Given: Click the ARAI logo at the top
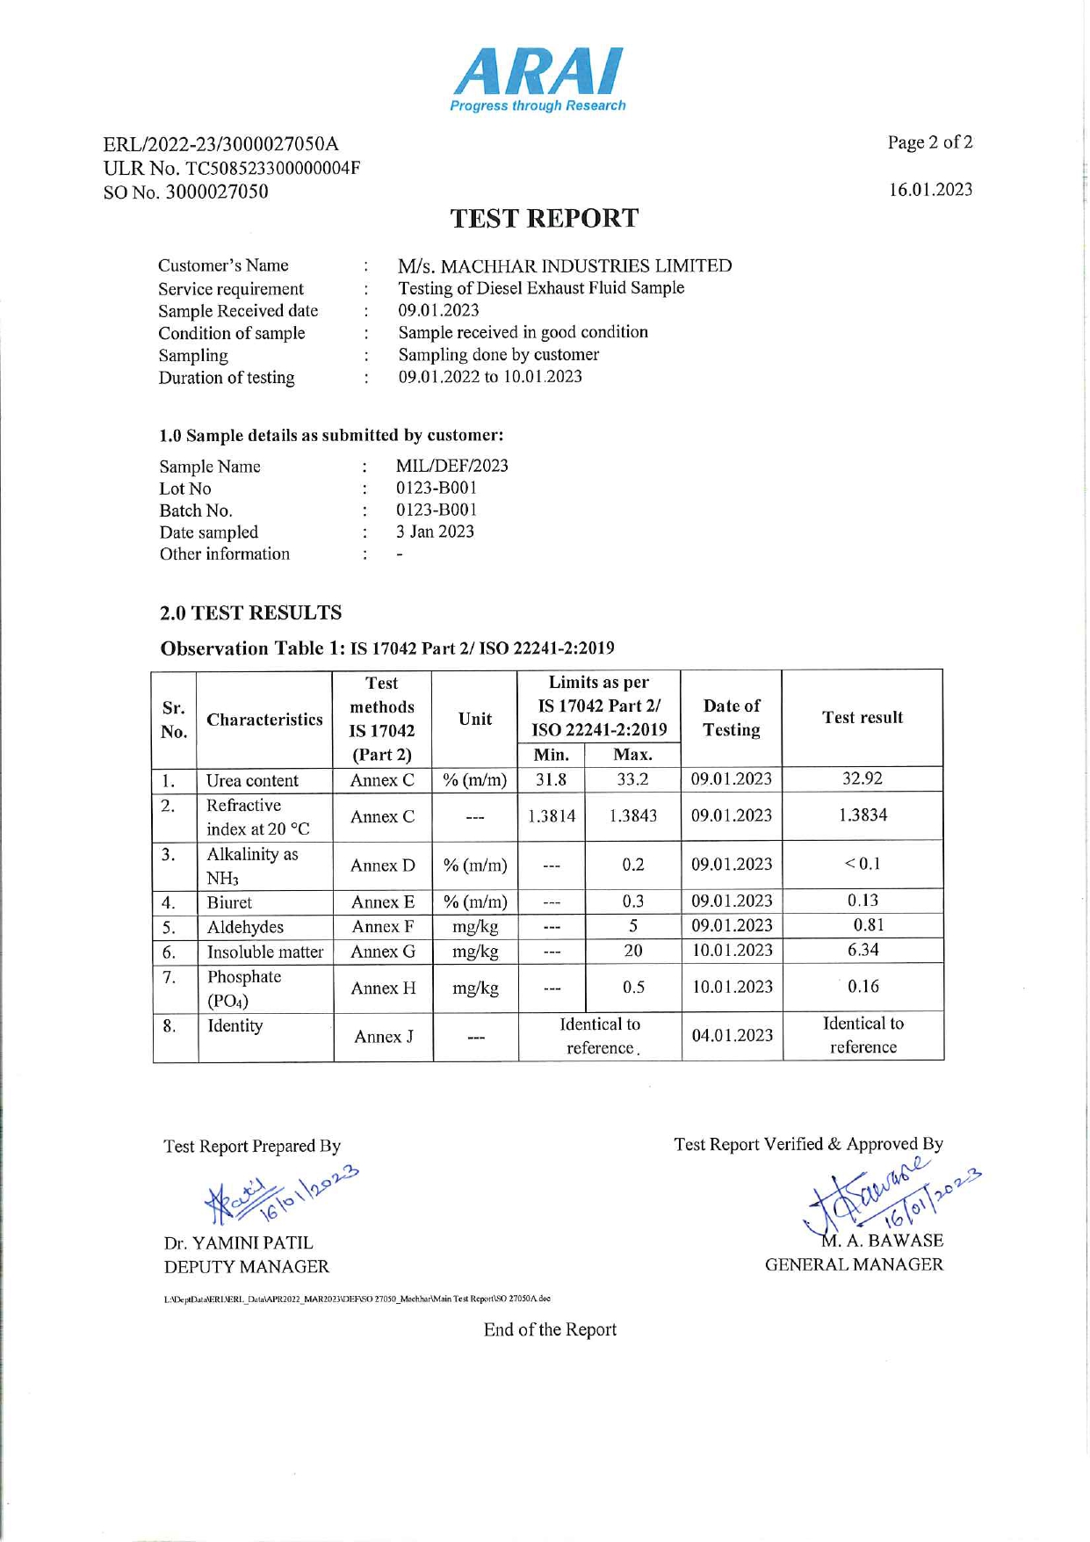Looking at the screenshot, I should pos(538,79).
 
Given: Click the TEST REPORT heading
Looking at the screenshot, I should pos(544,218).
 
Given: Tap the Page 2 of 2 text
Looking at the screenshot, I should pos(929,142).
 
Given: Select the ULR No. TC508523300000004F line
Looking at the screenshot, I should pos(232,168).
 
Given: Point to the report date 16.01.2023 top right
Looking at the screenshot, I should pos(930,190).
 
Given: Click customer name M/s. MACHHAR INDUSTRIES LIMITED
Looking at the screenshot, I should pos(564,265).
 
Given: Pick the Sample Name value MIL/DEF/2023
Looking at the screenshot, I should pos(451,466).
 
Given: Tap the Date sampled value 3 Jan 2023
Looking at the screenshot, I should pos(435,532).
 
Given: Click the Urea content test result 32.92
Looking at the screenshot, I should pos(862,778).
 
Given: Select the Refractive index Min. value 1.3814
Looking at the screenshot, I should pos(552,815).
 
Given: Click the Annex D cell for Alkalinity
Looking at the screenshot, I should pos(382,865).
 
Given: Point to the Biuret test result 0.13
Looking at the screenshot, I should pos(863,901).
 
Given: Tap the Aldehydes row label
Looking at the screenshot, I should pos(245,927).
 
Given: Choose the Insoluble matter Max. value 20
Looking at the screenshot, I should pos(632,951).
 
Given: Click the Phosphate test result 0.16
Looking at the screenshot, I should pos(863,987).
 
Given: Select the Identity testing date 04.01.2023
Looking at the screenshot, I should pos(732,1036).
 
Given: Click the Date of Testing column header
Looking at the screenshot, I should pos(732,718).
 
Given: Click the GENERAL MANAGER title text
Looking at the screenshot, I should pos(854,1264).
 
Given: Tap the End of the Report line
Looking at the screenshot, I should pos(550,1329).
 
